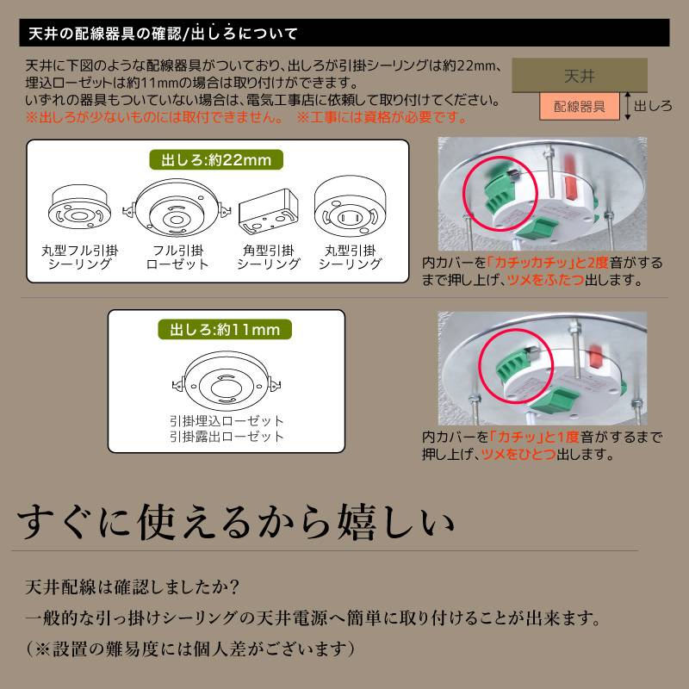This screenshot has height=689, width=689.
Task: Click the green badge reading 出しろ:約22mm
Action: [216, 160]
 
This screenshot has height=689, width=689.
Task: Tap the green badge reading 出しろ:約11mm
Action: [225, 330]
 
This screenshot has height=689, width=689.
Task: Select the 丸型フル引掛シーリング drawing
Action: [79, 207]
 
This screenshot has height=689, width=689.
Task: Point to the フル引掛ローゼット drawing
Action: [177, 208]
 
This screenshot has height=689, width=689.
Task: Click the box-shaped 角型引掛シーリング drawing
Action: [269, 211]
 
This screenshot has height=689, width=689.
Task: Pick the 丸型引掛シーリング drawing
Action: [350, 206]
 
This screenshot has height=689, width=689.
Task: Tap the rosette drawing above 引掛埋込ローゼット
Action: [227, 381]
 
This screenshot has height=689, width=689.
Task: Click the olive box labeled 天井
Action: [580, 76]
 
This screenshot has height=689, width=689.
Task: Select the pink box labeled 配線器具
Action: [579, 106]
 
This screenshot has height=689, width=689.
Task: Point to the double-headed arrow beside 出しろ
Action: [628, 106]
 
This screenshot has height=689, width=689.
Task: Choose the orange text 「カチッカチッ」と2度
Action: [548, 263]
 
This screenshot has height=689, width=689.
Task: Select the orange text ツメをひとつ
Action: [518, 454]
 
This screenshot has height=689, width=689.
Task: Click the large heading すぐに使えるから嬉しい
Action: [235, 522]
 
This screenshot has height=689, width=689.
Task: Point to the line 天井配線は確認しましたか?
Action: [133, 587]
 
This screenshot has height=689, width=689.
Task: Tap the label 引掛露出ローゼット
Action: [227, 437]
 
